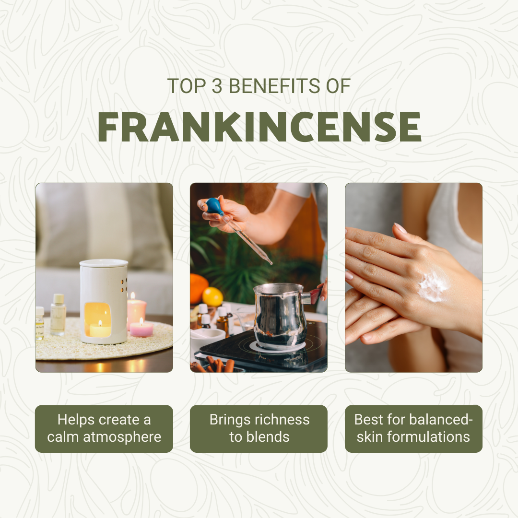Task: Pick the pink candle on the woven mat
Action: click(x=141, y=329)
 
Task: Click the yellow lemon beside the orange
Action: click(x=212, y=296)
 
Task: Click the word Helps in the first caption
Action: click(x=76, y=420)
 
